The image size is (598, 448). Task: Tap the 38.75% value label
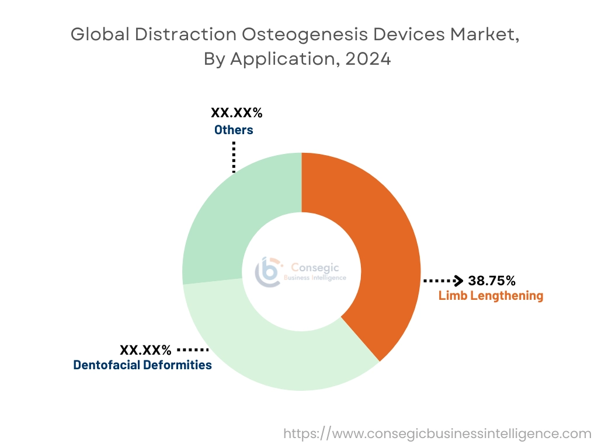tap(492, 281)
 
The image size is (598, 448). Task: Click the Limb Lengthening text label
tap(491, 296)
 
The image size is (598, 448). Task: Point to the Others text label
tap(234, 129)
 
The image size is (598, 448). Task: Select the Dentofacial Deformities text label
tap(142, 365)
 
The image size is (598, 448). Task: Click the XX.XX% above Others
tap(236, 113)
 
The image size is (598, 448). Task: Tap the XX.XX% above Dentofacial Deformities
tap(146, 350)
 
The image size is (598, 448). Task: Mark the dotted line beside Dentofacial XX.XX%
tap(193, 350)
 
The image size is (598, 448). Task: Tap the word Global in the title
tap(99, 35)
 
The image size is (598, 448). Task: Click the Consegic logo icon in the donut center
tap(268, 271)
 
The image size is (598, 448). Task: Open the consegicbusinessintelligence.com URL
tap(437, 433)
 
